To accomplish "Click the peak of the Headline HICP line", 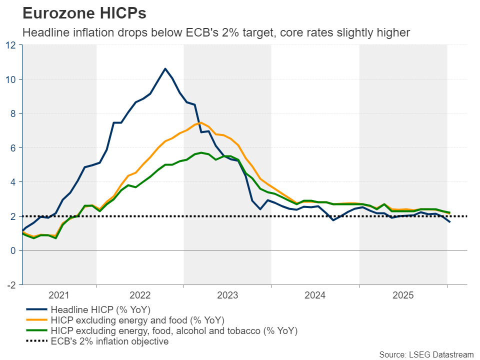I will tap(165, 68).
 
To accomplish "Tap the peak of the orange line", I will tap(200, 122).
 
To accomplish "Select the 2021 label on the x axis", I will tap(59, 295).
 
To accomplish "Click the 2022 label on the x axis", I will tap(140, 295).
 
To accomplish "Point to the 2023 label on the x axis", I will tap(227, 295).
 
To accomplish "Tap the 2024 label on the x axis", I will tap(315, 295).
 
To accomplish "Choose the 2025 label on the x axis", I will tap(403, 295).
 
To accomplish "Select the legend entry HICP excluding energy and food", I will tap(137, 320).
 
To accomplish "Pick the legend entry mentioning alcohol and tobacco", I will tap(174, 331).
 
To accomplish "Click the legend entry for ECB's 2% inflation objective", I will tap(109, 342).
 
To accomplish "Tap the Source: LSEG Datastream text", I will tap(426, 354).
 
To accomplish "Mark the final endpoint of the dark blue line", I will tap(449, 222).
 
